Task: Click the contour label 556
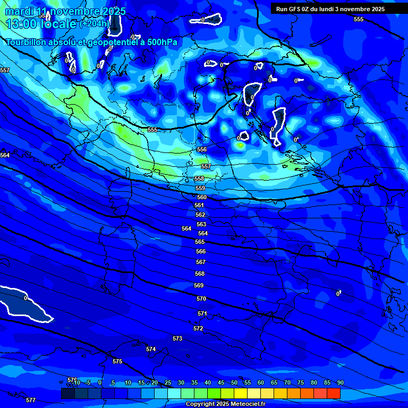coord(202,150)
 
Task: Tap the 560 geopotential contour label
coord(202,197)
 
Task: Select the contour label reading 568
coord(200,274)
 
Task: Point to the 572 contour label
coord(198,328)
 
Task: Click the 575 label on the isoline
coord(117,361)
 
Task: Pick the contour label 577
coord(31,400)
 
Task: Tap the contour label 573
coord(177,338)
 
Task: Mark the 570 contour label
coord(201,299)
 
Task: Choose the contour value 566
coord(201,251)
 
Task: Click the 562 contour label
coord(200,215)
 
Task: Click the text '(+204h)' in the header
coord(95,23)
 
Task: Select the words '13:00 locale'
coord(41,23)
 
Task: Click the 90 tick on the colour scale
coord(340,382)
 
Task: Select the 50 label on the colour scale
coord(234,382)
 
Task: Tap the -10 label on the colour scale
coord(76,382)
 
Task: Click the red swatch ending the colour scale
coord(333,393)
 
